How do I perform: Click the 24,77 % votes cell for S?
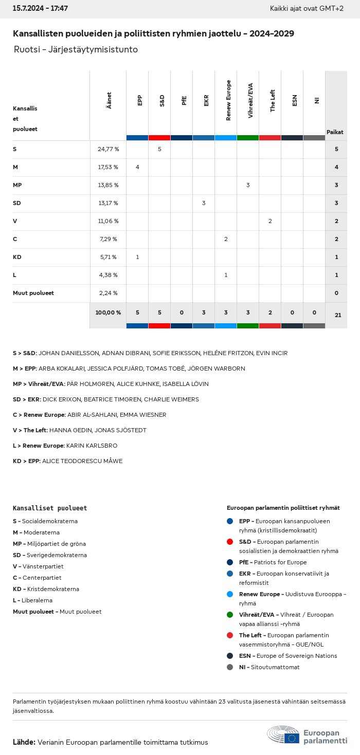(108, 149)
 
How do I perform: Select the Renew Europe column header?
(228, 100)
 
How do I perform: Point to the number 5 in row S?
(159, 149)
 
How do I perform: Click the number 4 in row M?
(137, 167)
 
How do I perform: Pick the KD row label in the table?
(17, 257)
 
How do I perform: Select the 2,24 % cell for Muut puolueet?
(108, 293)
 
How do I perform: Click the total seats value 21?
(338, 315)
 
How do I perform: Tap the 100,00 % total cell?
(108, 312)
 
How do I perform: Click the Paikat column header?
(335, 132)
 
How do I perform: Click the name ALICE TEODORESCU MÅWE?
(82, 461)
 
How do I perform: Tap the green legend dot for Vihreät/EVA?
(230, 615)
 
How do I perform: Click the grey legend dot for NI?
(230, 667)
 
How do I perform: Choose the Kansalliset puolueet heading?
(50, 508)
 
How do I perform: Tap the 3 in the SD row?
(204, 203)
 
